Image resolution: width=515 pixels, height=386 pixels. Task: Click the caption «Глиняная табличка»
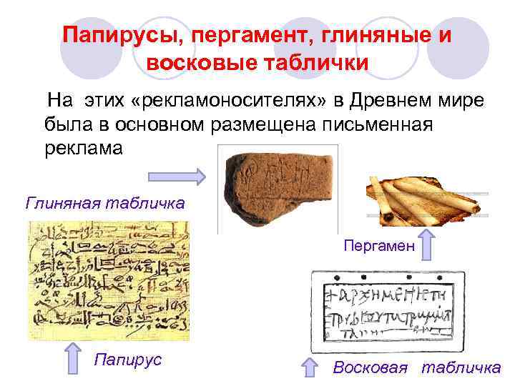[105, 204]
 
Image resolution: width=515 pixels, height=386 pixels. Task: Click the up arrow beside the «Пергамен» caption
[426, 245]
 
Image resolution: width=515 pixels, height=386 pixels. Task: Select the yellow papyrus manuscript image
[109, 280]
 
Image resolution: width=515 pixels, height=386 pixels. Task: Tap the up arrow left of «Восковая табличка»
[308, 367]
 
